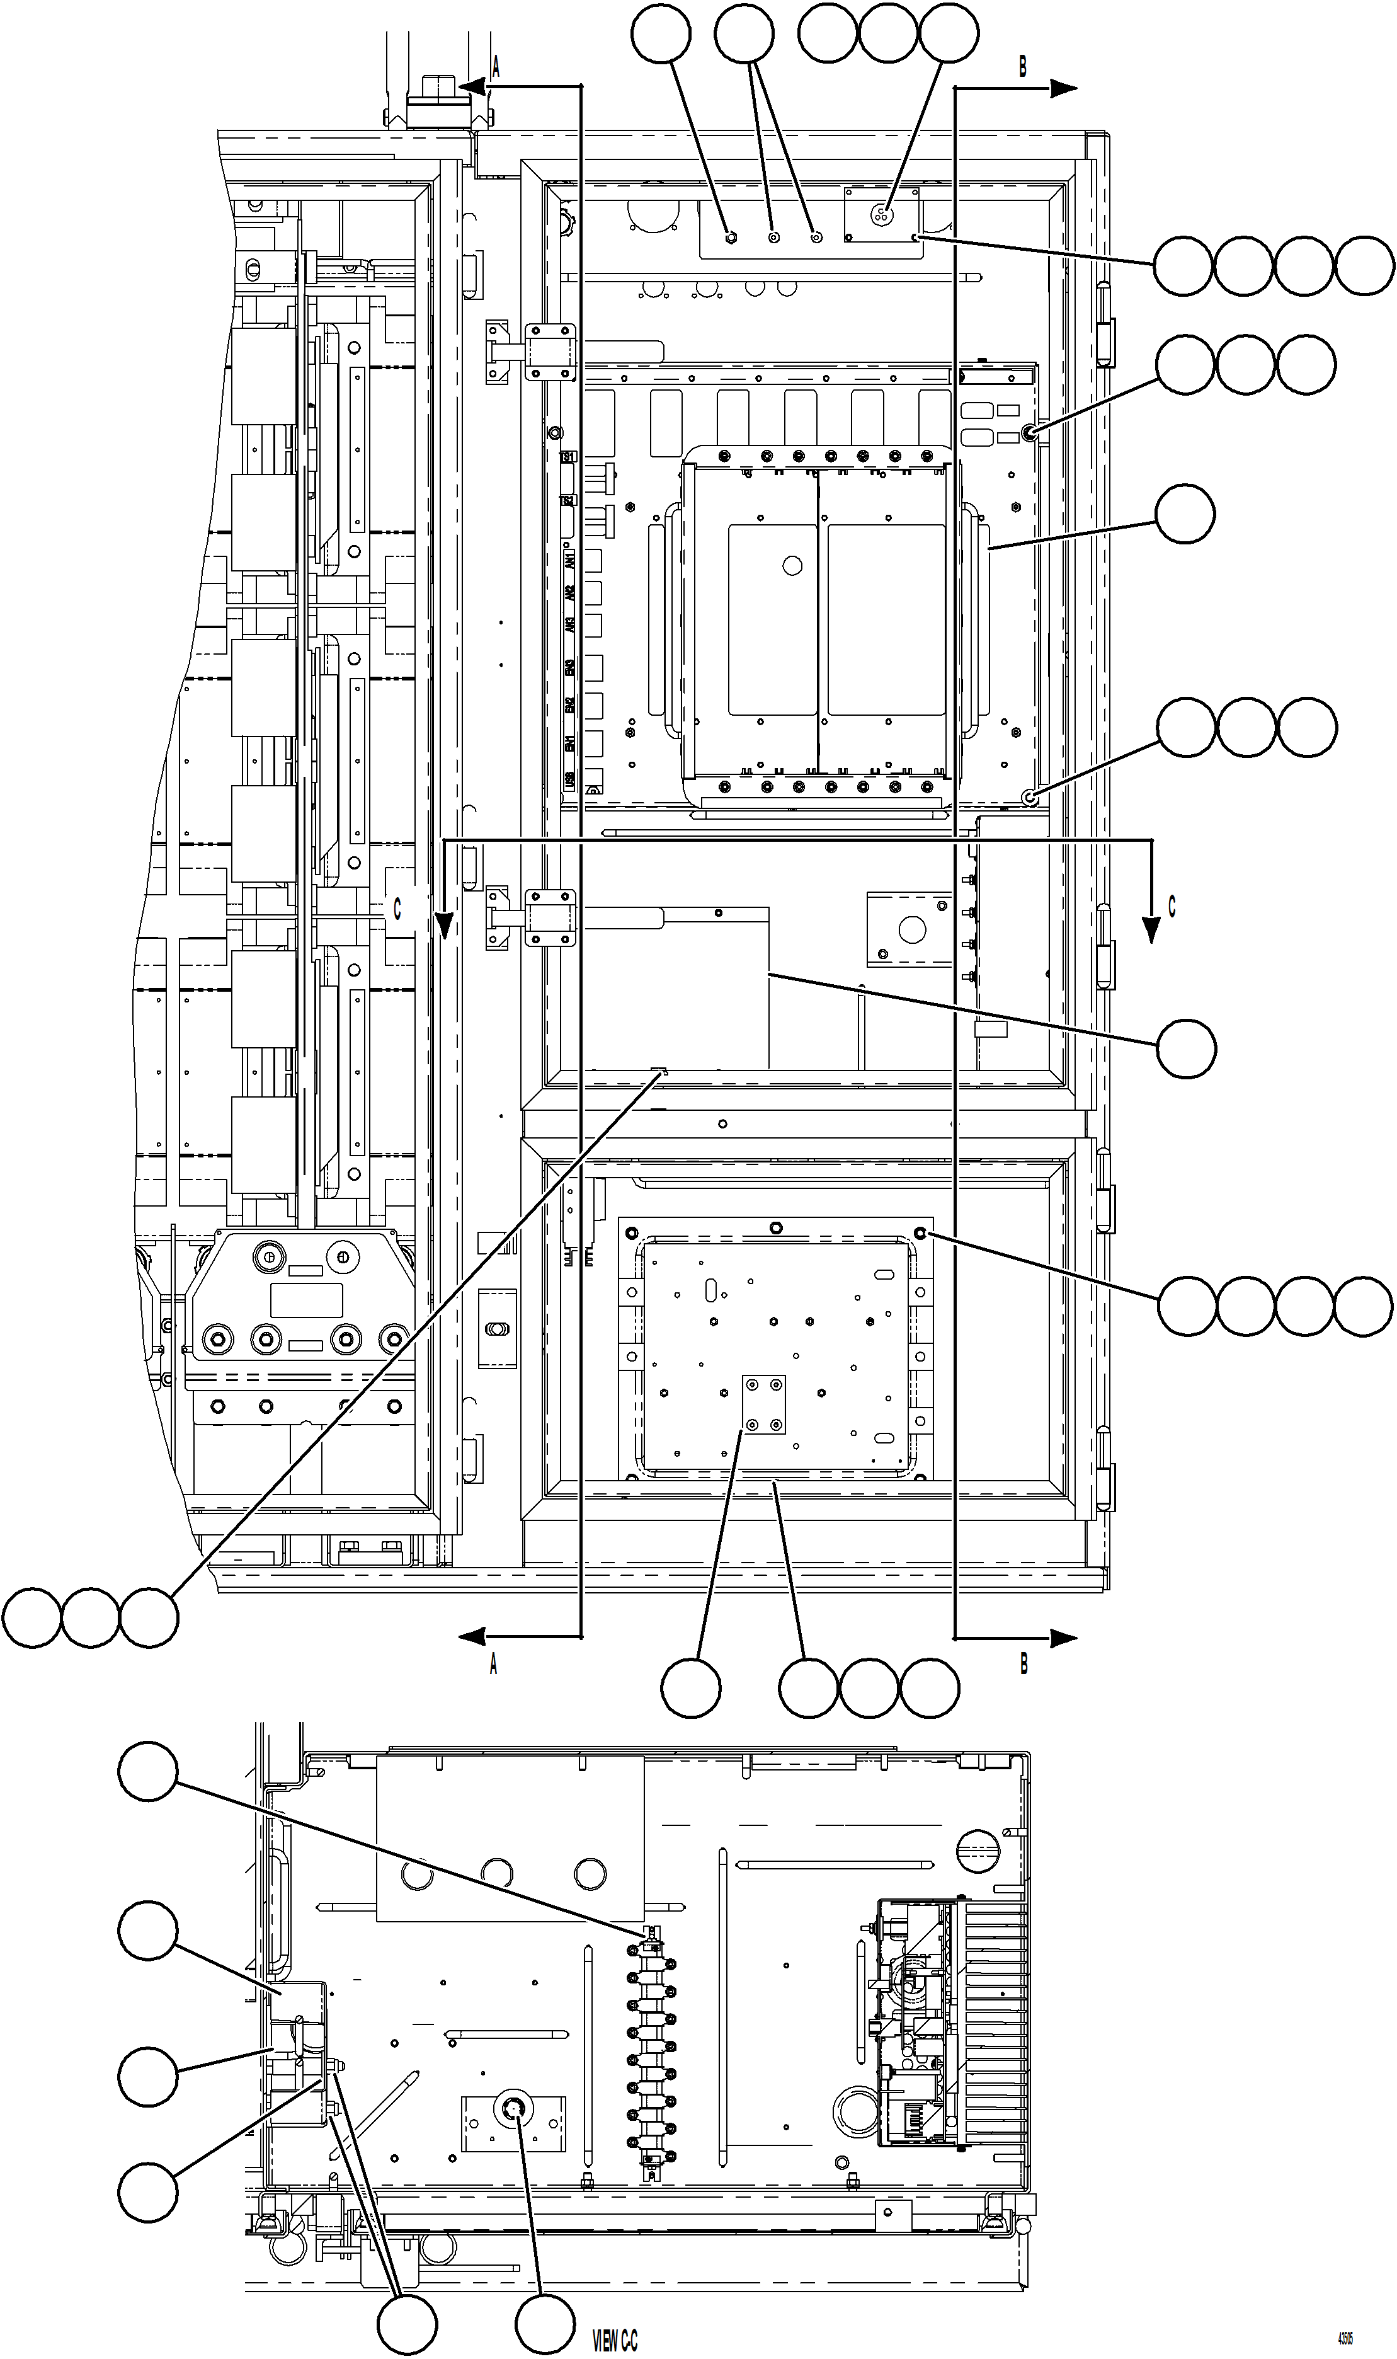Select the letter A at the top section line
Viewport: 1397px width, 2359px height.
[495, 67]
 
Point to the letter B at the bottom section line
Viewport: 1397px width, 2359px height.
[1024, 1664]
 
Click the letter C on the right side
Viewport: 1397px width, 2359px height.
[1172, 906]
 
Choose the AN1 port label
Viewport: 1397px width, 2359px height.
[569, 562]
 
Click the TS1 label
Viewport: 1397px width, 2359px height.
[567, 457]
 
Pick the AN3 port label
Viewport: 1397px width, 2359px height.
[569, 625]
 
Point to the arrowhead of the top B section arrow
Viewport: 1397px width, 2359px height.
[1064, 89]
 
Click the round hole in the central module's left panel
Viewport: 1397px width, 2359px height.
[792, 566]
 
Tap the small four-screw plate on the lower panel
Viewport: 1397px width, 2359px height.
[763, 1404]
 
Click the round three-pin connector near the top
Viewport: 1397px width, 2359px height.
[883, 213]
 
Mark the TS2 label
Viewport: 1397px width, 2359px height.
[567, 501]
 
